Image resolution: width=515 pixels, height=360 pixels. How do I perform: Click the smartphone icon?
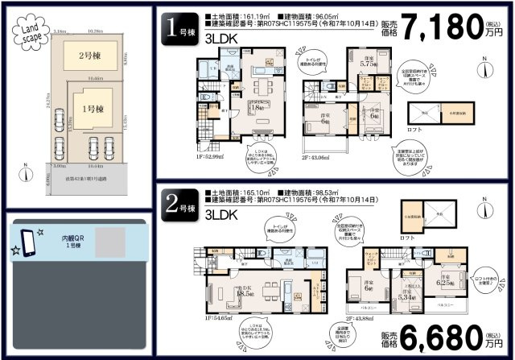click(x=27, y=241)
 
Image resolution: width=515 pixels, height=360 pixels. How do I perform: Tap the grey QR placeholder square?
click(x=112, y=242)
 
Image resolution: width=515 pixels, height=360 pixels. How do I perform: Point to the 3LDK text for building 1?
click(x=220, y=39)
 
